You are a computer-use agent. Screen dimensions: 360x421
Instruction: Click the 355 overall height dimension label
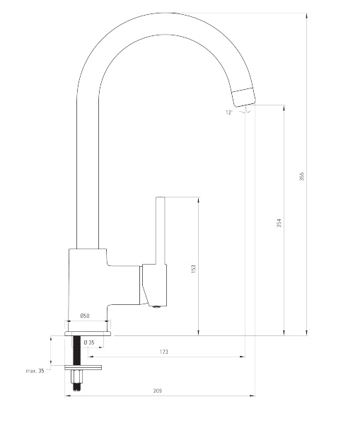click(x=302, y=176)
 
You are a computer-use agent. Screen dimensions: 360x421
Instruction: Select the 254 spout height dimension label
click(x=279, y=223)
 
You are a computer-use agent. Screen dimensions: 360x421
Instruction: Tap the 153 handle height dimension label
click(x=194, y=269)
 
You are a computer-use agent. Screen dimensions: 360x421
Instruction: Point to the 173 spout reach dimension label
click(x=164, y=352)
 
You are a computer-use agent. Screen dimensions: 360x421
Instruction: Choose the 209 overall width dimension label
click(x=158, y=391)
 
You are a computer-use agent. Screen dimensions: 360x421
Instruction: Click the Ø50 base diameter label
click(x=85, y=316)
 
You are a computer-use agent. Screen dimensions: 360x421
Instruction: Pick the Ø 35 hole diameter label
click(x=89, y=342)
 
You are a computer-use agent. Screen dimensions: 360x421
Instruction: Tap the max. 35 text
click(x=35, y=371)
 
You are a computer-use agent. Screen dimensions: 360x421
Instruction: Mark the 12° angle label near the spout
click(x=228, y=113)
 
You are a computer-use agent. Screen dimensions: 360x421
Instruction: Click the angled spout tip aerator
click(x=243, y=97)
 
